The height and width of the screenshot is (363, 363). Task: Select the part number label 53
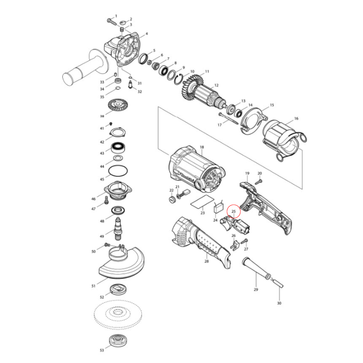(x=102, y=350)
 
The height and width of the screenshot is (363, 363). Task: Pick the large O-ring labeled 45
(x=118, y=171)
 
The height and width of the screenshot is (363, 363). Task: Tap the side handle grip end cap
(x=68, y=79)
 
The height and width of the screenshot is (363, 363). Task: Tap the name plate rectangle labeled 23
(x=202, y=202)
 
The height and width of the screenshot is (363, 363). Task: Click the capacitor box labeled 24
(x=219, y=208)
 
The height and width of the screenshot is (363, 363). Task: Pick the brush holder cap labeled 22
(x=171, y=200)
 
